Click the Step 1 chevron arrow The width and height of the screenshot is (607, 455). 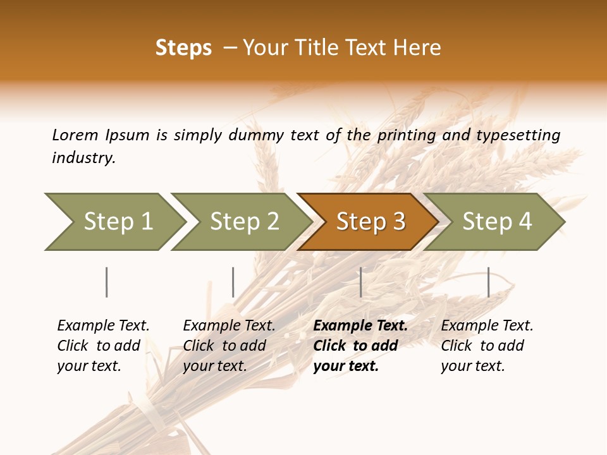114,221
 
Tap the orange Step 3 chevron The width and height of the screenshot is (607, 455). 368,221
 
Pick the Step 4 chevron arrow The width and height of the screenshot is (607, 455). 495,221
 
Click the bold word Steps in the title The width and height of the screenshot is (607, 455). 183,48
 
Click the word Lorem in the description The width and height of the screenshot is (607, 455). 75,135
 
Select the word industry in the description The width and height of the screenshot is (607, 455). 83,157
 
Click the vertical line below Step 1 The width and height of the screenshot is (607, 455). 107,282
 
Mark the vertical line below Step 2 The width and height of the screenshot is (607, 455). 233,282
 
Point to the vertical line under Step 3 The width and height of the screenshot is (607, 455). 360,282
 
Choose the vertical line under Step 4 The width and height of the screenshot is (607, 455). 488,282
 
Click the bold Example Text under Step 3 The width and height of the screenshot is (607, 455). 360,325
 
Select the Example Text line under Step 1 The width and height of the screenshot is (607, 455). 103,325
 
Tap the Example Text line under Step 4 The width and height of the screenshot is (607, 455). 487,325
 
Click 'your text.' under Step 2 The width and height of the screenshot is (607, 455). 215,366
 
